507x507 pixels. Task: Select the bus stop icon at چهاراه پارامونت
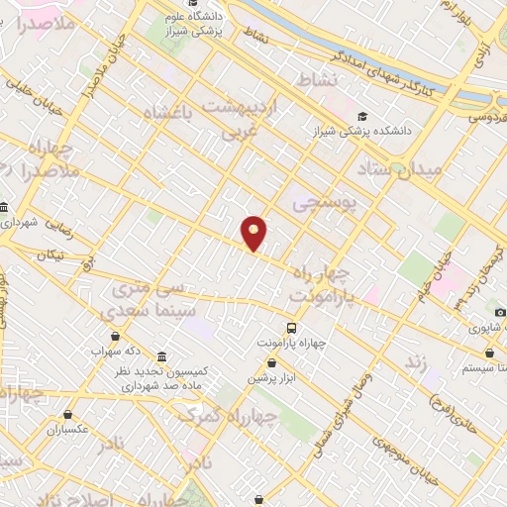291,327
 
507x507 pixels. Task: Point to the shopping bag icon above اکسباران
68,415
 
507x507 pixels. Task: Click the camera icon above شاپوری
500,313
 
